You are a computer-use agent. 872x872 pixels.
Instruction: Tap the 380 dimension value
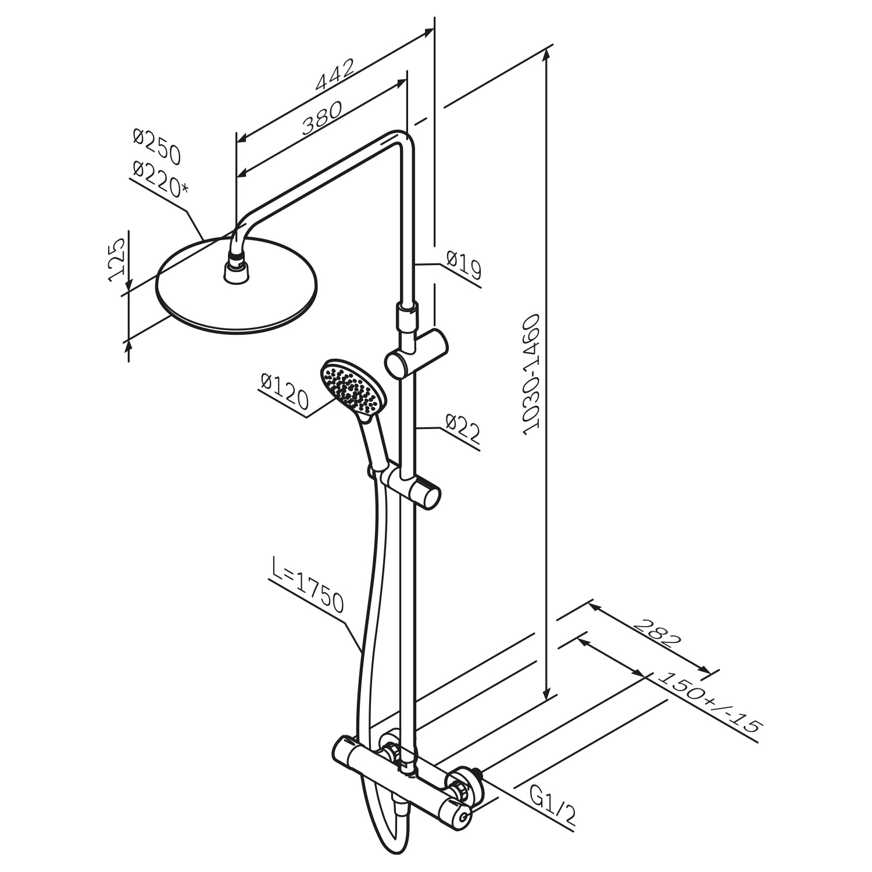point(321,118)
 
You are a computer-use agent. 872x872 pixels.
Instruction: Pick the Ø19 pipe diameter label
point(463,265)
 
